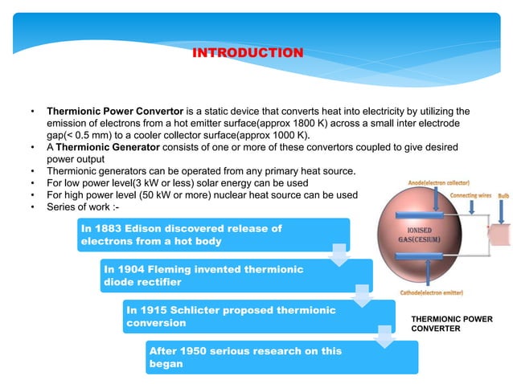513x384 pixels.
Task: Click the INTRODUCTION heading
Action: [248, 53]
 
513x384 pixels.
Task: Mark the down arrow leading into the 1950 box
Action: [385, 338]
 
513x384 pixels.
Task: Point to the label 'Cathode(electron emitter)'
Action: [437, 292]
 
